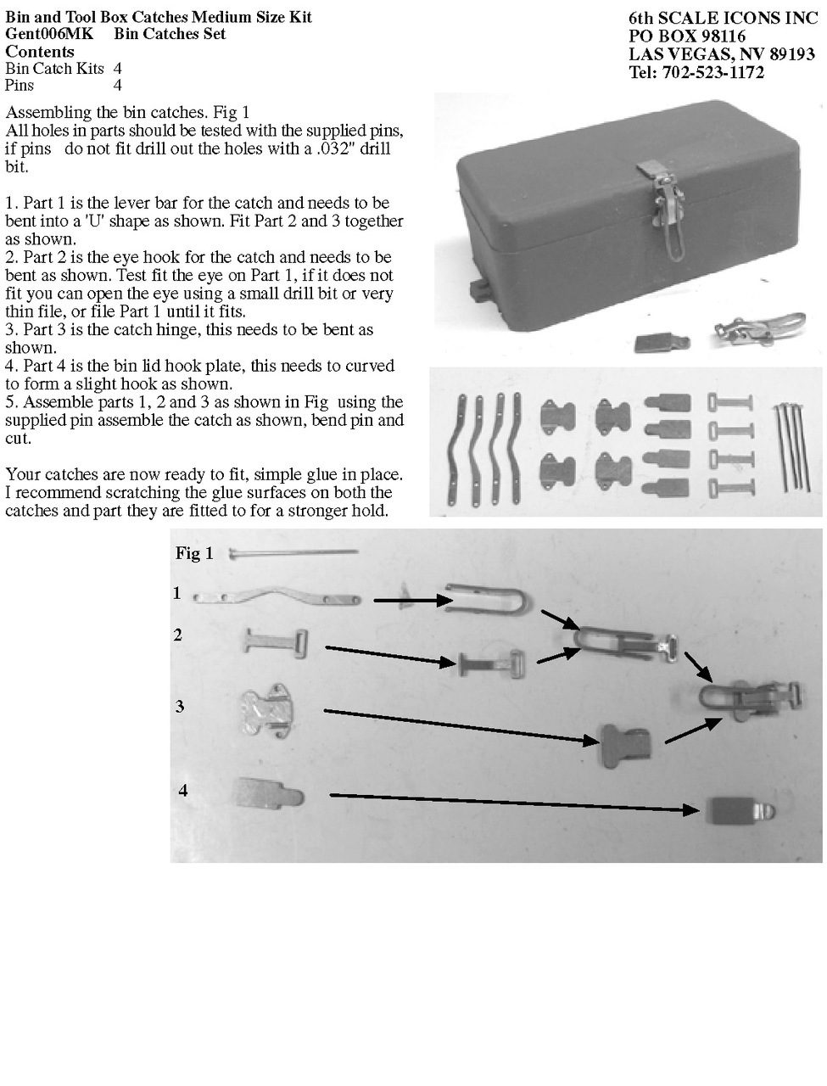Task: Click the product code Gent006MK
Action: click(x=49, y=34)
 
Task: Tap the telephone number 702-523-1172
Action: click(x=712, y=72)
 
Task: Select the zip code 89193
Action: click(x=792, y=54)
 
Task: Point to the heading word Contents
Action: click(x=40, y=52)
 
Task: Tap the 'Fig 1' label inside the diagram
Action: click(x=194, y=553)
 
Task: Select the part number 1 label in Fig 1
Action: click(x=177, y=593)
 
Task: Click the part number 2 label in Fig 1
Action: click(x=178, y=635)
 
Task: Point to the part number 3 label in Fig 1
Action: click(x=180, y=707)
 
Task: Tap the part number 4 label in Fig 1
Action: click(x=183, y=791)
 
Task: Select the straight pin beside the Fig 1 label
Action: click(x=293, y=553)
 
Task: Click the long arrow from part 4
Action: click(x=514, y=802)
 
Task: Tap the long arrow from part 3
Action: click(x=461, y=725)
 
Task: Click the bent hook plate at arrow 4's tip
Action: click(x=739, y=810)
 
